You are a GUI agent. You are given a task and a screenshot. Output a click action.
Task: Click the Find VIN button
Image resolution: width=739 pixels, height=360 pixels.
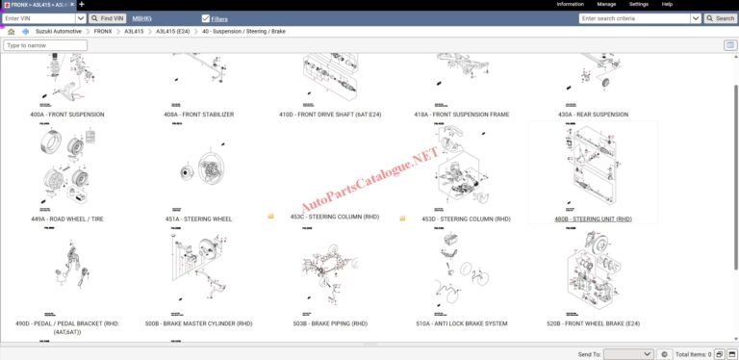(x=108, y=18)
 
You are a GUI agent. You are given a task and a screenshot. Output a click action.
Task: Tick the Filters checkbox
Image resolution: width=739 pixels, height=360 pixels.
(x=206, y=18)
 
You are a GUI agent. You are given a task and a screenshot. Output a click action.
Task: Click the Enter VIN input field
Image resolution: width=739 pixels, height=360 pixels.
(x=38, y=18)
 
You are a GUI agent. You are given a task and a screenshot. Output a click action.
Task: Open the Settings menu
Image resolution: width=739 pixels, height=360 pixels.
(x=638, y=5)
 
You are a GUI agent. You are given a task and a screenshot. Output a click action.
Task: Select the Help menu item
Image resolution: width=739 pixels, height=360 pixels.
(x=667, y=5)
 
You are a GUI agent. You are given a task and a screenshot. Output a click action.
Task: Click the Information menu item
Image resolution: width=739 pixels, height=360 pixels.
(x=570, y=5)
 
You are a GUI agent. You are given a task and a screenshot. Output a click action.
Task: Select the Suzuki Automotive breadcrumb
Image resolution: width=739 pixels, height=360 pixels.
(x=59, y=32)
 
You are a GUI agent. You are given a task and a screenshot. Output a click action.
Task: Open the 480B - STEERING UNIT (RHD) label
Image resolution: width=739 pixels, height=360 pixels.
(x=593, y=219)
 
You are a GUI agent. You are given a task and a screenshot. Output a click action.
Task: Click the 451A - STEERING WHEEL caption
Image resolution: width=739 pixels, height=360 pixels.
(x=198, y=219)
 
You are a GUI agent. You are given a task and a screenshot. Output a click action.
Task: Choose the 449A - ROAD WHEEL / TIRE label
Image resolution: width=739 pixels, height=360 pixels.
(x=67, y=219)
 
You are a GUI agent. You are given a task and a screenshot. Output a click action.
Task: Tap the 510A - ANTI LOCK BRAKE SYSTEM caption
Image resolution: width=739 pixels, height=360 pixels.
(x=461, y=324)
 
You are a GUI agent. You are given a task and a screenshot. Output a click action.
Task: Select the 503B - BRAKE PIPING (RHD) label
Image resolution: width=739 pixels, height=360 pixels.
(x=329, y=324)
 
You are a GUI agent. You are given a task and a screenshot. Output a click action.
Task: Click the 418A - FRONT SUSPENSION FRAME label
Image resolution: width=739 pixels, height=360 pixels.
(x=461, y=115)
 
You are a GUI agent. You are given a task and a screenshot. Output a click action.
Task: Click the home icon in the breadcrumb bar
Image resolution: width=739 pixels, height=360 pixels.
(x=11, y=32)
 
